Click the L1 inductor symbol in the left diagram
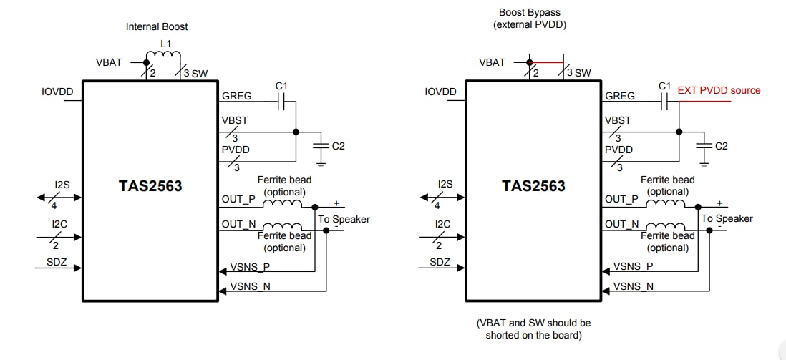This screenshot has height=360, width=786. pyautogui.click(x=165, y=56)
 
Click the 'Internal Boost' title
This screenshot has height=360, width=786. pyautogui.click(x=157, y=26)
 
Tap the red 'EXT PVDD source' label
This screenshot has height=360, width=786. pyautogui.click(x=719, y=90)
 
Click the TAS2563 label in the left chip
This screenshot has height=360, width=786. pyautogui.click(x=150, y=186)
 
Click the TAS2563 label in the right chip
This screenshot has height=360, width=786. pyautogui.click(x=533, y=186)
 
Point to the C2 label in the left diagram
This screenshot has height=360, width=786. pyautogui.click(x=339, y=145)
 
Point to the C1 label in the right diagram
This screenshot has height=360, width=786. pyautogui.click(x=664, y=86)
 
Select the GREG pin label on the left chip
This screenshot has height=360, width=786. pyautogui.click(x=237, y=96)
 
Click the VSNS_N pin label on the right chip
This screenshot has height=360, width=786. pyautogui.click(x=633, y=286)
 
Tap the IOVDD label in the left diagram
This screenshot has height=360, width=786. pyautogui.click(x=58, y=92)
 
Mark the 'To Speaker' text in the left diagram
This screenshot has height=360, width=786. pyautogui.click(x=344, y=219)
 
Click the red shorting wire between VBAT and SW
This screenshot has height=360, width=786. pyautogui.click(x=547, y=62)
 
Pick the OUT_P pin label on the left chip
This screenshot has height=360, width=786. pyautogui.click(x=239, y=199)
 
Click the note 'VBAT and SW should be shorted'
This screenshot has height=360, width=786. pyautogui.click(x=534, y=329)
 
